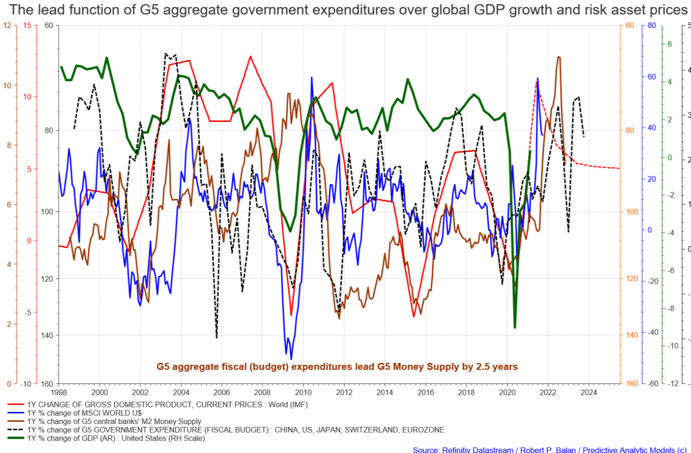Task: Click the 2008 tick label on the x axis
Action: click(x=262, y=392)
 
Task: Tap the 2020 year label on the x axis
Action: click(x=507, y=392)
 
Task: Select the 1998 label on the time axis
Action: click(x=59, y=392)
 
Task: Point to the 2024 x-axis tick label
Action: click(x=589, y=392)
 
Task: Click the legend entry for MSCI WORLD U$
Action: click(x=84, y=413)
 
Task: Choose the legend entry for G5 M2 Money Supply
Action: click(x=114, y=421)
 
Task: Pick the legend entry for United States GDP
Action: click(x=116, y=438)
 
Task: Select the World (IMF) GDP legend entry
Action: click(x=167, y=405)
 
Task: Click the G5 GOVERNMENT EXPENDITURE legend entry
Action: click(x=235, y=430)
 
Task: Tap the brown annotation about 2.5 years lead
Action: click(x=337, y=367)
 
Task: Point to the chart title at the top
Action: click(x=348, y=9)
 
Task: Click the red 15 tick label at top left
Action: click(x=27, y=25)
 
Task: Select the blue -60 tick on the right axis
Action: click(x=653, y=383)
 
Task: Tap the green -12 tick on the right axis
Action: click(x=673, y=383)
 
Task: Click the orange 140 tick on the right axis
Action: click(x=632, y=335)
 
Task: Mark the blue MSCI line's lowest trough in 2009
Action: click(x=291, y=359)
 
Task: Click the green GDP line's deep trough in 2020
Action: click(x=515, y=327)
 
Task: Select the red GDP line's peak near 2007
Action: click(x=250, y=56)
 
